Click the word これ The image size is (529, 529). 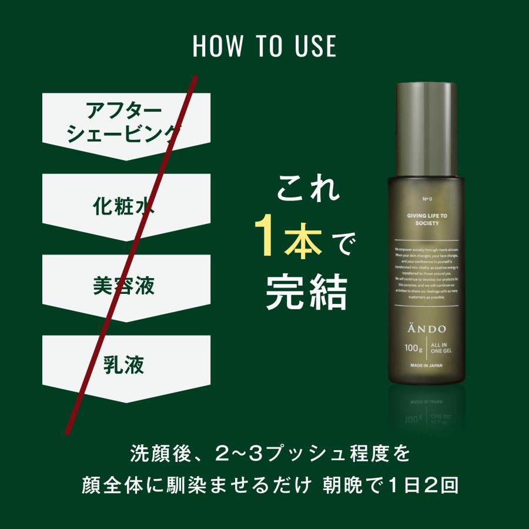[x=308, y=192]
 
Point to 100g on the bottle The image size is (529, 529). [x=413, y=347]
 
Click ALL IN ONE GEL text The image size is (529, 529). [x=440, y=347]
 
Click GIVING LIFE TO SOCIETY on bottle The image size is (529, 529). [x=427, y=220]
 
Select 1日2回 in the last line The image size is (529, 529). [x=423, y=486]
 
